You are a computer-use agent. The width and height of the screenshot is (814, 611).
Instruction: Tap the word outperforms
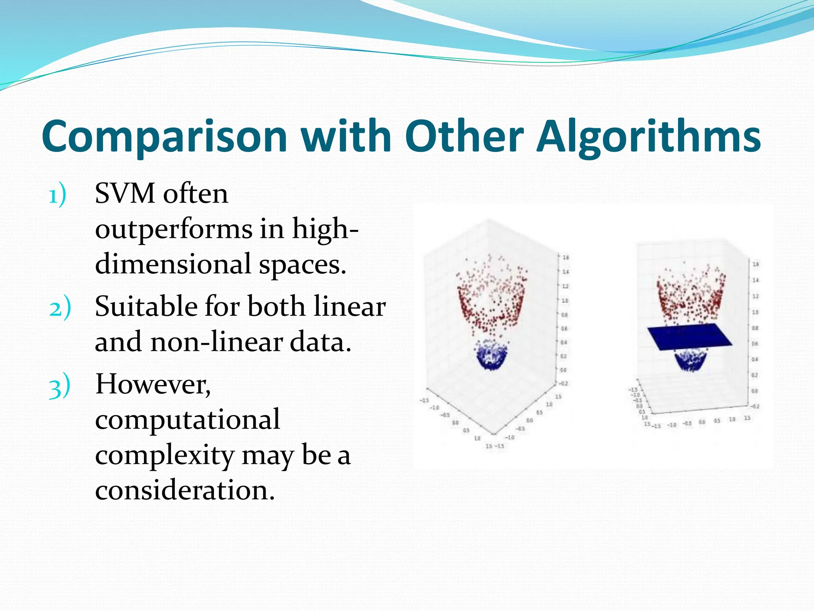[174, 230]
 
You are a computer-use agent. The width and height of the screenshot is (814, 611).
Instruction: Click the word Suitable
[146, 307]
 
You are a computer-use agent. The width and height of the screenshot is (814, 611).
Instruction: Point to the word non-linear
[217, 342]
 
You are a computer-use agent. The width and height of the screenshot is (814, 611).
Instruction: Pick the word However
[153, 385]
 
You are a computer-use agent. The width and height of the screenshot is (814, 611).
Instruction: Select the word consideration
[184, 490]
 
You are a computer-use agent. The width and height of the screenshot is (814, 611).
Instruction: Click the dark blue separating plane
[690, 337]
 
